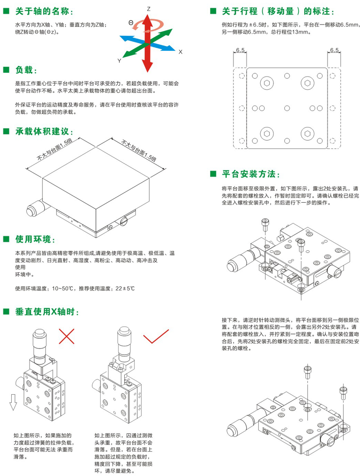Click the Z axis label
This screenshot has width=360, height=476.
click(x=148, y=8)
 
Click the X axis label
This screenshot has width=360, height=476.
click(x=180, y=52)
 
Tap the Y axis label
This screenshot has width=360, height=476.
click(x=120, y=61)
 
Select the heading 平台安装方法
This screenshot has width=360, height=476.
click(x=254, y=174)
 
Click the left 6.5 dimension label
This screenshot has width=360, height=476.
click(x=240, y=49)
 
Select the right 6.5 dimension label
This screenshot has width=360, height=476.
click(x=334, y=49)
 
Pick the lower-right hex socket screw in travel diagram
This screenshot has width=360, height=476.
click(x=308, y=133)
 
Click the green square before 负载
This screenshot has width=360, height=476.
click(x=6, y=70)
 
